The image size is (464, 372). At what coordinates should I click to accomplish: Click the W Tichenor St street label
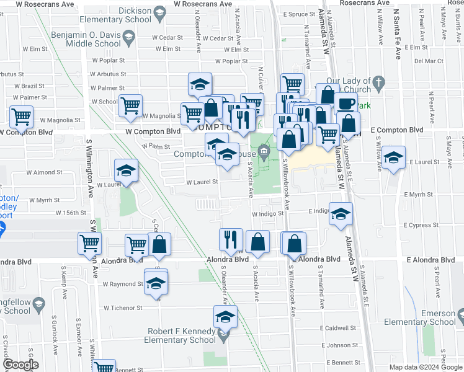point(123,308)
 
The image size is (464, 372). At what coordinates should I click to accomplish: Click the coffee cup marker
point(346,103)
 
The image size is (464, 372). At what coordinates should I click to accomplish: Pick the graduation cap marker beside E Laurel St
point(393,157)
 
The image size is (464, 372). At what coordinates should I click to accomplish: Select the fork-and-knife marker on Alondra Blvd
point(231,239)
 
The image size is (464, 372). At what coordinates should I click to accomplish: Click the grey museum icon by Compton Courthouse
point(264,151)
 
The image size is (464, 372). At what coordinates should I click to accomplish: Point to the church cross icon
point(378,81)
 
